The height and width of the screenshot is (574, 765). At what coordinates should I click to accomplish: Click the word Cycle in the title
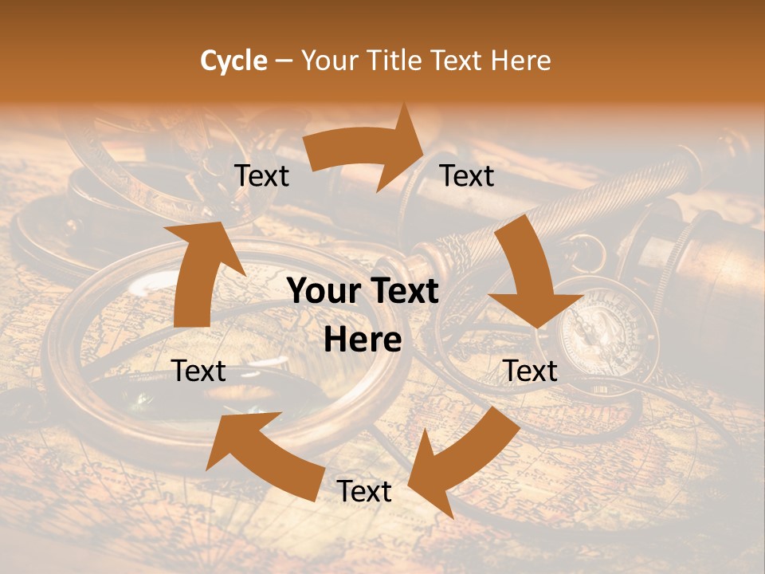(233, 61)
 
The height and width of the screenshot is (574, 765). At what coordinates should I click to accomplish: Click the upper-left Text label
(261, 176)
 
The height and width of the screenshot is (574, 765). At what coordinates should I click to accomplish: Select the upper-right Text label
(467, 176)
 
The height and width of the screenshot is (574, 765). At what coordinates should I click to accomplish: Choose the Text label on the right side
(530, 371)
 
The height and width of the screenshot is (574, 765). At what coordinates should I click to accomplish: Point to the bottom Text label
(364, 492)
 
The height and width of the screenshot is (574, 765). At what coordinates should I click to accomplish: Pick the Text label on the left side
(198, 371)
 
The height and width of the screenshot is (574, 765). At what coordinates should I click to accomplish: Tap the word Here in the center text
(363, 340)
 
